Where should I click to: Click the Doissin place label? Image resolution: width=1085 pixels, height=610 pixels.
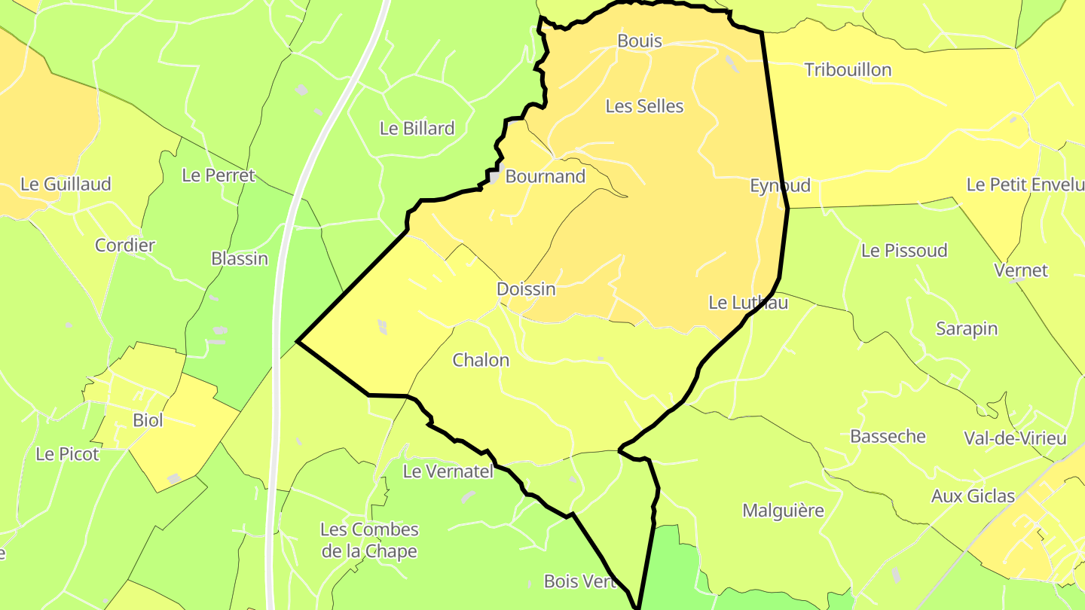point(526,289)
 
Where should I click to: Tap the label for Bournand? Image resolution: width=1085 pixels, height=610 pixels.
point(546,177)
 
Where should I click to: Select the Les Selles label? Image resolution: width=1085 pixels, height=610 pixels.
point(644,107)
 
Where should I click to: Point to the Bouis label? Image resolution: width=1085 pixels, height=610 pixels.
point(639,41)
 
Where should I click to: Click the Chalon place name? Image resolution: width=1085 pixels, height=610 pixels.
point(481,361)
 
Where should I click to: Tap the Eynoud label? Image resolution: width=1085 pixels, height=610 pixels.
point(780,185)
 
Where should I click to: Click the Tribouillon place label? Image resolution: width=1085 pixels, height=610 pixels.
point(848,70)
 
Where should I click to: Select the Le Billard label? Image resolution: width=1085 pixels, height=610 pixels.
point(417,129)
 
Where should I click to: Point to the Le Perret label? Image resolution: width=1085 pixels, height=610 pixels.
point(219,175)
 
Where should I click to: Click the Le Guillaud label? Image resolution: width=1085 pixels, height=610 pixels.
point(66,185)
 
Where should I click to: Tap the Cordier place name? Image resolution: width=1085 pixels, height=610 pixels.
point(125,246)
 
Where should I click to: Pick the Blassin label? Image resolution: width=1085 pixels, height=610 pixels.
point(240,259)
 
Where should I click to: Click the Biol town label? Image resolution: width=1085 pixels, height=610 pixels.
point(148,421)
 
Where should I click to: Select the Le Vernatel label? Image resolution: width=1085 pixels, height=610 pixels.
point(448,472)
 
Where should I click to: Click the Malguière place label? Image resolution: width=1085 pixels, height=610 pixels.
point(783,511)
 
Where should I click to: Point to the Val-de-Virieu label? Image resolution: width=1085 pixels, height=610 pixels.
point(1015,438)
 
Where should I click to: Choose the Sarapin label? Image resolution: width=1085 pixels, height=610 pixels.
point(967,329)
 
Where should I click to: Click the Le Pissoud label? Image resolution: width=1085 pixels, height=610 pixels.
point(904,251)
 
